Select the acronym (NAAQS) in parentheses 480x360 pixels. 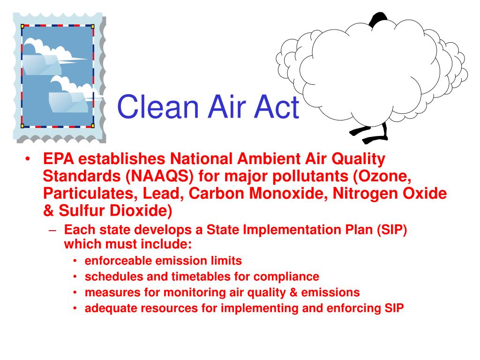point(159,176)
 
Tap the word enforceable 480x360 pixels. point(119,261)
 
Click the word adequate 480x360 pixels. point(111,308)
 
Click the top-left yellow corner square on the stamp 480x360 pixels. point(22,26)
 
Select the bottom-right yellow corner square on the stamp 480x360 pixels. point(93,126)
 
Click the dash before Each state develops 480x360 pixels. point(52,231)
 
